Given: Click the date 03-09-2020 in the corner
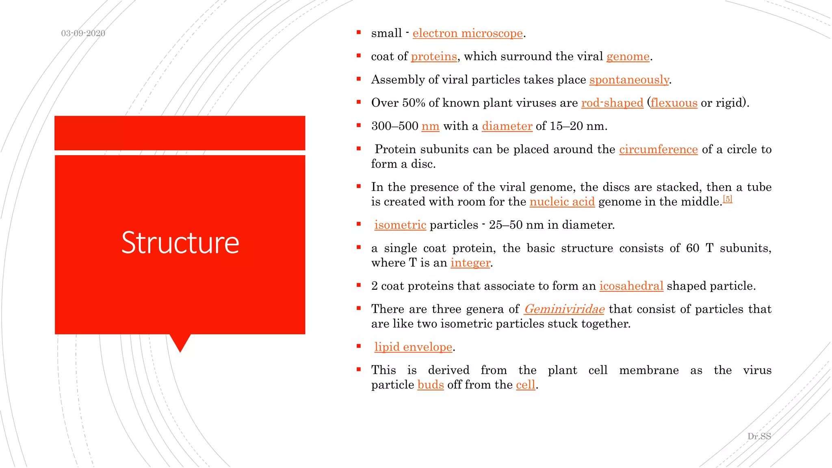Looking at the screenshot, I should point(83,33).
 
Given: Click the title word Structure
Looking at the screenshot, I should point(180,243).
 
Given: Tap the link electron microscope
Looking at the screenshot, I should point(467,33).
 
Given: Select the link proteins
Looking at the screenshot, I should point(433,56).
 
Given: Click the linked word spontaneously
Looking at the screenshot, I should point(629,80).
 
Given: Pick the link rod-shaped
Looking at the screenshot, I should point(612,103).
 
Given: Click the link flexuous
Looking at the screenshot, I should point(674,103).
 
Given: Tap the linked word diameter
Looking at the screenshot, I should point(507,126).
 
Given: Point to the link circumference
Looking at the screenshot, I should point(658,149).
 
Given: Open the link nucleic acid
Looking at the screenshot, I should point(562,202).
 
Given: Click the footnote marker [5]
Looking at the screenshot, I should point(728,199).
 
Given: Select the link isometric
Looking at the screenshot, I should point(400,225).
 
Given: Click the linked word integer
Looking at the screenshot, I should point(470,263).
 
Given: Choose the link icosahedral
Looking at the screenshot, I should point(631,286).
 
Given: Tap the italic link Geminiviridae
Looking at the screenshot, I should point(564,309).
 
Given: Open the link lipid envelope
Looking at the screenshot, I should point(413,347).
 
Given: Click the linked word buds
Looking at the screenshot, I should point(430,385).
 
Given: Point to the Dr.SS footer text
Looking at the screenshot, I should point(759,436).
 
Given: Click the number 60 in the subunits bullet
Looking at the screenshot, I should point(692,248).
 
